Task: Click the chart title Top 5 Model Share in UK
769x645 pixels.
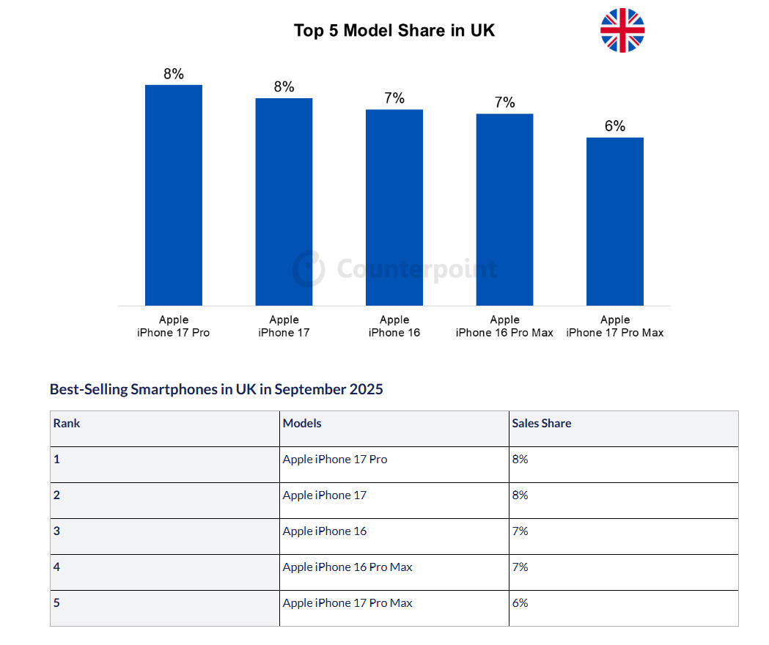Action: (x=394, y=31)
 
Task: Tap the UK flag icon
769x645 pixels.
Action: (x=622, y=31)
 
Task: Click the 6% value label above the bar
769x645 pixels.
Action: (x=615, y=126)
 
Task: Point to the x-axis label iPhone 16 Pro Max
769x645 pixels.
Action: (x=504, y=326)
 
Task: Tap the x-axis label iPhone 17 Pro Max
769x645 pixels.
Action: (x=615, y=326)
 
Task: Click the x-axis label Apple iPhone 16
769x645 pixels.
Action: (x=394, y=326)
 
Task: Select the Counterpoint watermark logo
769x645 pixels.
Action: (x=309, y=268)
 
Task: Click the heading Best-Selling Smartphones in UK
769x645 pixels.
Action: (x=216, y=389)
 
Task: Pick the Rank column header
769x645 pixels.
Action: (x=67, y=424)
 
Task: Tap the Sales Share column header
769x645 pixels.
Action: (x=541, y=424)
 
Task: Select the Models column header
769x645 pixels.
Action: (x=302, y=424)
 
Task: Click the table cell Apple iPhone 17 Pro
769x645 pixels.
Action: (x=335, y=460)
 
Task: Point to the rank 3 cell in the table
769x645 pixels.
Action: (x=57, y=531)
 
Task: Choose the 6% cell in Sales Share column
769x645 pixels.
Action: (x=520, y=603)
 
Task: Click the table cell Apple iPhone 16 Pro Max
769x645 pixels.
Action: (x=347, y=567)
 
